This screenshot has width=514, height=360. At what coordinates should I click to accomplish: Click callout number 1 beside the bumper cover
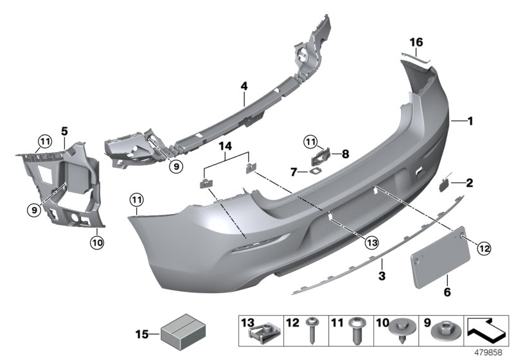470,120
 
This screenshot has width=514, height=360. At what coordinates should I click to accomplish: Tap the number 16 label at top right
417,42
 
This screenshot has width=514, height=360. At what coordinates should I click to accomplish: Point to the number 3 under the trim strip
381,276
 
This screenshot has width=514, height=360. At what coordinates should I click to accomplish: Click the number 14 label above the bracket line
226,147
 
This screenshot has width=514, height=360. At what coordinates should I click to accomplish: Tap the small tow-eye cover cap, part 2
445,184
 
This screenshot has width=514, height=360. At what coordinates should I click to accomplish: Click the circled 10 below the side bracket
97,242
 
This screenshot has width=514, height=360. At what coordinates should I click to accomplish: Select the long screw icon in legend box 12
314,334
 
